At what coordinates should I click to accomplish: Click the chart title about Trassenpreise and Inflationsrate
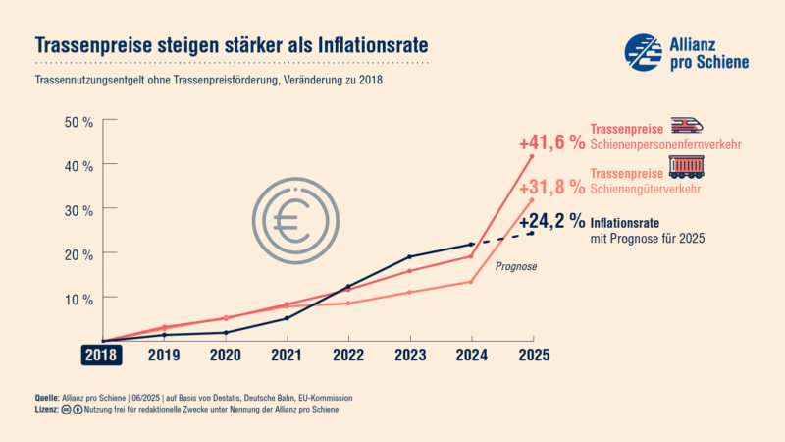(232, 45)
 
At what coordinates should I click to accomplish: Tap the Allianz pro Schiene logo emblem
(644, 51)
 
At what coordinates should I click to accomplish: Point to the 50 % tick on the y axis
(78, 122)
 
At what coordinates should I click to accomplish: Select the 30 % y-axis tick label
(78, 209)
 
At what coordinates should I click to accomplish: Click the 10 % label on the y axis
(78, 297)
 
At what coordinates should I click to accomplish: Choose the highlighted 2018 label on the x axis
(101, 355)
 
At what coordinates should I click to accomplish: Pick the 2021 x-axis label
(287, 355)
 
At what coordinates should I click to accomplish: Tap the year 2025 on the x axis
(533, 355)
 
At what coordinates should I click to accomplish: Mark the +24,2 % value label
(551, 220)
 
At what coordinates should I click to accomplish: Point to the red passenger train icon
(687, 126)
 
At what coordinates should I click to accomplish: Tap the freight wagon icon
(687, 168)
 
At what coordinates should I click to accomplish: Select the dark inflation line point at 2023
(409, 256)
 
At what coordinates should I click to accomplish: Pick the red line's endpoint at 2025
(532, 156)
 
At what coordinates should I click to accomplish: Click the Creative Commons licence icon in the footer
(66, 409)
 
